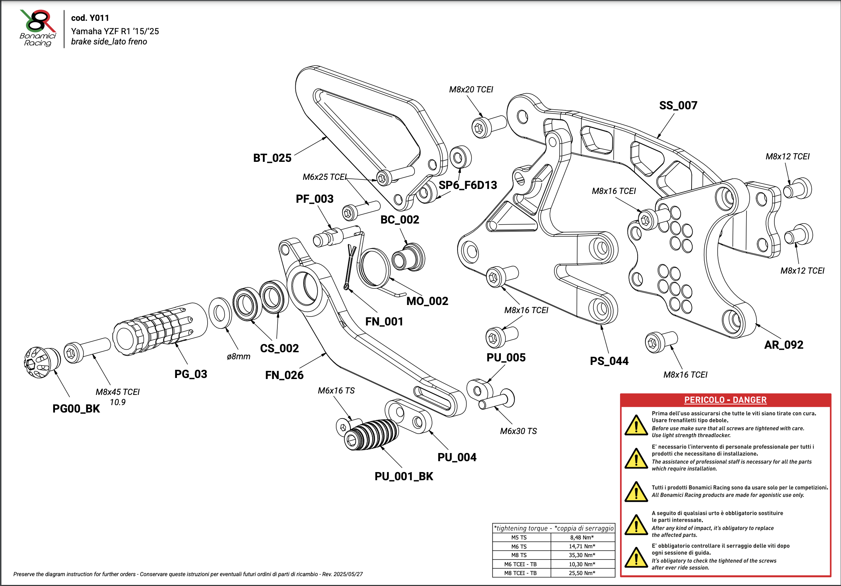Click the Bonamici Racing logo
pyautogui.click(x=38, y=28)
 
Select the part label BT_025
pyautogui.click(x=272, y=158)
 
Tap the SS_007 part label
pyautogui.click(x=678, y=105)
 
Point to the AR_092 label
pyautogui.click(x=784, y=345)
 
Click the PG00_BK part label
pyautogui.click(x=76, y=409)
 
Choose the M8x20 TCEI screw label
pyautogui.click(x=471, y=90)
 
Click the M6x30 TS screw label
pyautogui.click(x=518, y=431)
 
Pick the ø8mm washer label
pyautogui.click(x=239, y=356)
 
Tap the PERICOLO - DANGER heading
pyautogui.click(x=725, y=400)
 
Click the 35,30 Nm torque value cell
pyautogui.click(x=582, y=555)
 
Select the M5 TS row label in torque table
pyautogui.click(x=519, y=538)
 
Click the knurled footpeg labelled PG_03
pyautogui.click(x=161, y=328)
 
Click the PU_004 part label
pyautogui.click(x=457, y=457)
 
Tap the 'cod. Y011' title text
pyautogui.click(x=90, y=18)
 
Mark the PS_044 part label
pyautogui.click(x=609, y=361)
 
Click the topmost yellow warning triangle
pyautogui.click(x=636, y=425)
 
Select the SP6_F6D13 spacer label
pyautogui.click(x=468, y=185)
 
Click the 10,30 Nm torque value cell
pyautogui.click(x=582, y=564)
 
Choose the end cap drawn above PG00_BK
pyautogui.click(x=41, y=362)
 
